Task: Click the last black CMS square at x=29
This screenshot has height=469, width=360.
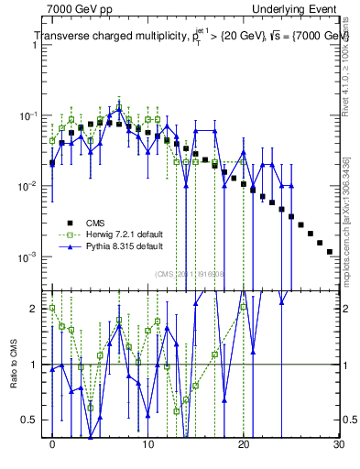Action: (329, 251)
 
